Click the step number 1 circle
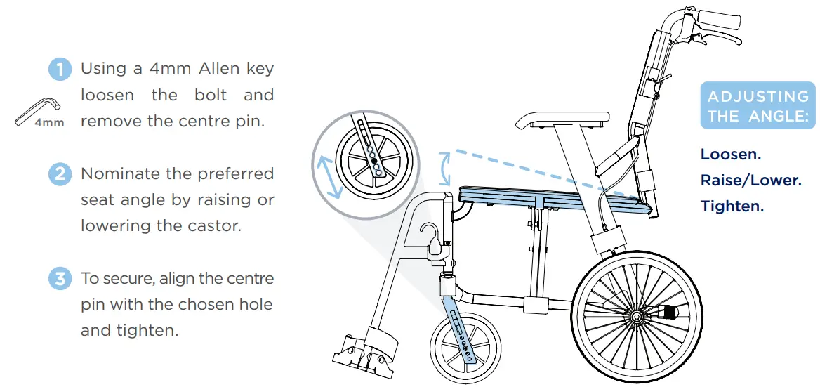60,70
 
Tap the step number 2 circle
60,173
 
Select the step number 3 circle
60,278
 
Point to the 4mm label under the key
49,123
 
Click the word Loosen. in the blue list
730,154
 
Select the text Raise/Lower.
750,180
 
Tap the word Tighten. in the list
732,206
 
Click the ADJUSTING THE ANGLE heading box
758,106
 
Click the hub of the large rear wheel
636,317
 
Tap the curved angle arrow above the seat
444,169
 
